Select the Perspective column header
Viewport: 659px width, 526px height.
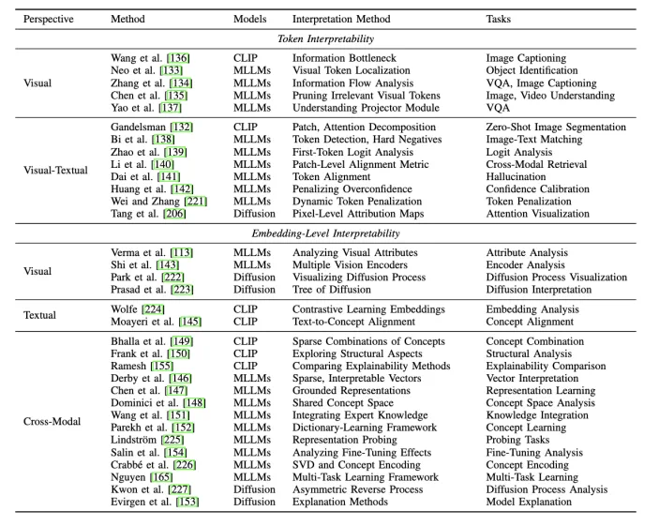click(x=48, y=19)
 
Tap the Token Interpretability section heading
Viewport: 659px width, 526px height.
click(x=325, y=39)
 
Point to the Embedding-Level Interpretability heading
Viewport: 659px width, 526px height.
click(x=325, y=233)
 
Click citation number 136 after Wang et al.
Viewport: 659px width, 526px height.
click(x=178, y=58)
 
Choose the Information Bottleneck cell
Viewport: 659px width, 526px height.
click(x=345, y=58)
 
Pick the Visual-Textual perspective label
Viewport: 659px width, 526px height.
click(x=55, y=171)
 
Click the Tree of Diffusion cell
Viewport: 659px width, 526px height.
click(x=333, y=290)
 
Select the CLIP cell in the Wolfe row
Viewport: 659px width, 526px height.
click(x=246, y=309)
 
